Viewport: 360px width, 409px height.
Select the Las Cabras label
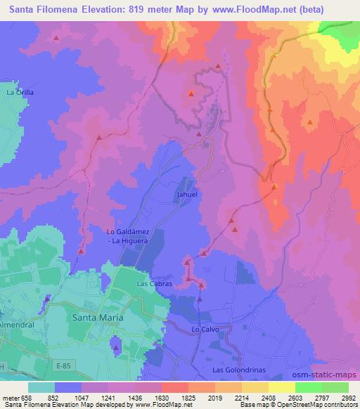coord(152,283)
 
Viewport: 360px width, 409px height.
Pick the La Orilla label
coord(20,92)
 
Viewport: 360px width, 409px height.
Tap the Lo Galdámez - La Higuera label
coord(127,237)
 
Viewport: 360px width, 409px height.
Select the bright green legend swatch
coord(308,387)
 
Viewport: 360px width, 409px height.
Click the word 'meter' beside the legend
coord(8,396)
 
